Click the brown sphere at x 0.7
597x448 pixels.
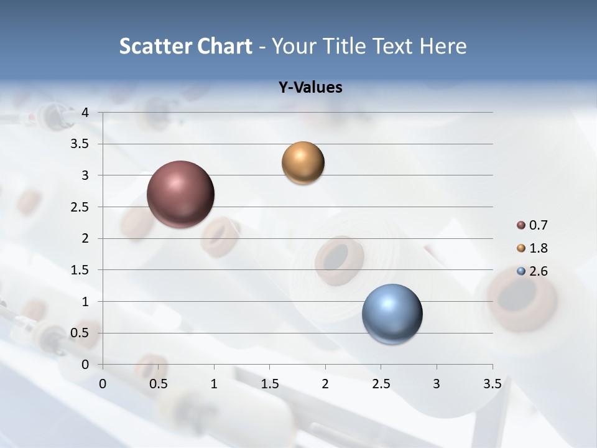coord(181,194)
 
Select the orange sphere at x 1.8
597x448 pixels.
coord(303,163)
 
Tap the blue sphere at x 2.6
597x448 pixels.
coord(392,314)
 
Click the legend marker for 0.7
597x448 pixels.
coord(521,225)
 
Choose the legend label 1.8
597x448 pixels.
coord(539,248)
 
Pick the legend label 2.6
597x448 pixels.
coord(539,271)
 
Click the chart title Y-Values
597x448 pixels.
coord(310,88)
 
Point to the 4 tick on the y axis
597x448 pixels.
coord(85,113)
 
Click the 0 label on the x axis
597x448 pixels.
coord(103,384)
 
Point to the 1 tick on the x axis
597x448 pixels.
coord(214,384)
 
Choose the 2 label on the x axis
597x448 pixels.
coord(325,384)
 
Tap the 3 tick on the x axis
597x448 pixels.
coord(437,384)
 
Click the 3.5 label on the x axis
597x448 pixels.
coord(492,384)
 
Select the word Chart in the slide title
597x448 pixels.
coord(225,46)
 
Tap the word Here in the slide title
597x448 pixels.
coord(443,46)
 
